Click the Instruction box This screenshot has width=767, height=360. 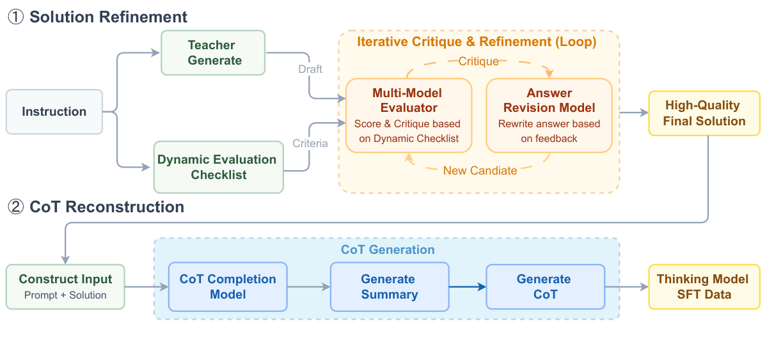point(54,112)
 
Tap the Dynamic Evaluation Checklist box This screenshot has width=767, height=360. point(218,167)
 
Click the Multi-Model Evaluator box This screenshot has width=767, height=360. point(408,115)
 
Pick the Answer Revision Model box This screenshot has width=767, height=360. point(549,115)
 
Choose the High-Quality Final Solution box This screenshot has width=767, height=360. point(704,113)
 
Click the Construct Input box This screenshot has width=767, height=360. point(65,286)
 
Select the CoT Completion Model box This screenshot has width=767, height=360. point(228,286)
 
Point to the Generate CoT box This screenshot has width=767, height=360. point(545,286)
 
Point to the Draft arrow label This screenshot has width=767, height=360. point(310,69)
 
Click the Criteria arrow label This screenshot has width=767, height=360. point(310,143)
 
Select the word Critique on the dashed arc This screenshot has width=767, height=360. point(478,61)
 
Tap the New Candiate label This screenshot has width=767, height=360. point(479,170)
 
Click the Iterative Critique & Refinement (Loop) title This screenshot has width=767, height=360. point(477,42)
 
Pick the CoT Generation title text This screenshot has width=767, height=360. point(388,249)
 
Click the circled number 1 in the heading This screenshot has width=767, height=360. point(15,17)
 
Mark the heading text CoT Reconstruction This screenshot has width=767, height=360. point(107,207)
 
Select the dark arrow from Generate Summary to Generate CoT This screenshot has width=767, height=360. point(467,286)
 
